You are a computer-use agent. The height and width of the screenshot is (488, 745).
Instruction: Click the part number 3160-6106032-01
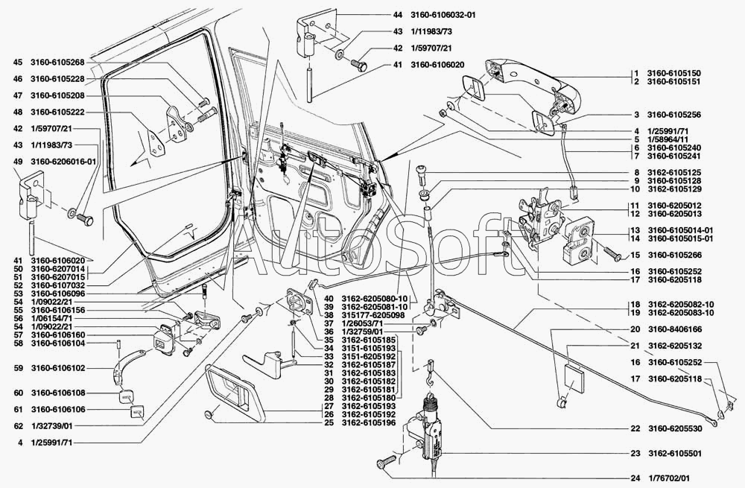click(441, 15)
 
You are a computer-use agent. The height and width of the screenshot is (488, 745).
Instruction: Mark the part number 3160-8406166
click(673, 329)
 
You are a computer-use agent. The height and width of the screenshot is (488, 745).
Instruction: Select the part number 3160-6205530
click(673, 428)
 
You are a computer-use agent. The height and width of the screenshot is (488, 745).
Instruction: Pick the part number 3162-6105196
click(370, 422)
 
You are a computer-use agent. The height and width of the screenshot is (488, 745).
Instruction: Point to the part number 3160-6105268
click(57, 62)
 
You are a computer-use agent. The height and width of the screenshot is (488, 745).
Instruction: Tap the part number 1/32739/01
click(51, 426)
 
